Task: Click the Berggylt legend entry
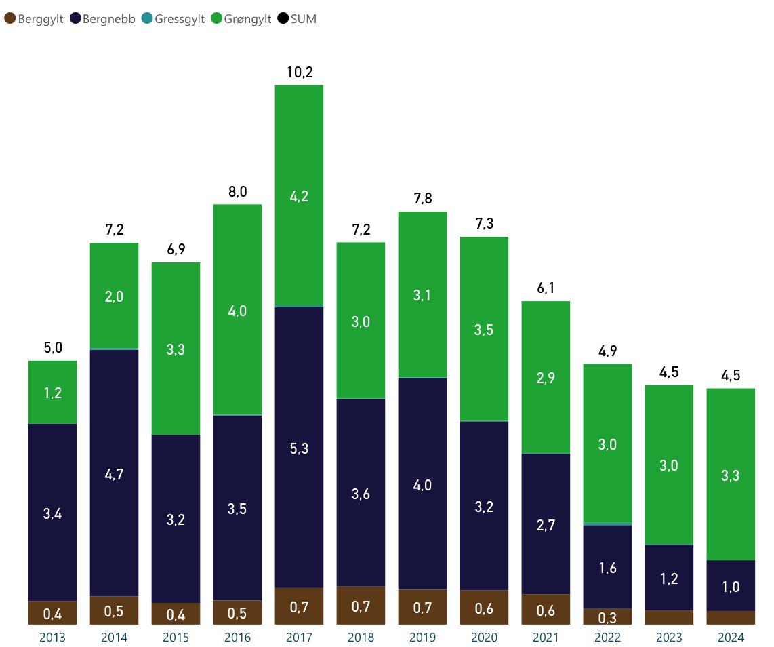34,19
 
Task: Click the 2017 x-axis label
299,638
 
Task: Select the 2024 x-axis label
731,638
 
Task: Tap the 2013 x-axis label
52,638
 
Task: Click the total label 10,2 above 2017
299,72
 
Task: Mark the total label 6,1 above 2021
546,288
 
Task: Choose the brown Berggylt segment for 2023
669,617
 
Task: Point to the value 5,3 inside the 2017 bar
299,448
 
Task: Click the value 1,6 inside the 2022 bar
607,568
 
